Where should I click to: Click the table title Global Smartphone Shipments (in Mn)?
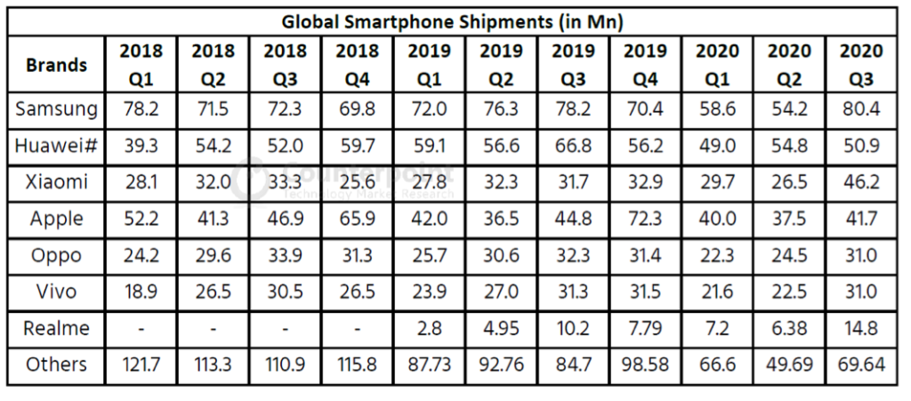[x=453, y=21]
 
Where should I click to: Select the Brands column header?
[x=56, y=65]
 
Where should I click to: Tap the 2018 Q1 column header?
[x=141, y=65]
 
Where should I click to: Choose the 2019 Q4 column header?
[x=646, y=65]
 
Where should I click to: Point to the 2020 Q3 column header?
[x=860, y=65]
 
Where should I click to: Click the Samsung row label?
[x=56, y=109]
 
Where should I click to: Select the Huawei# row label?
[x=56, y=146]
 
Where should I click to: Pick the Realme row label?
[x=56, y=328]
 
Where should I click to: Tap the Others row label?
[x=56, y=365]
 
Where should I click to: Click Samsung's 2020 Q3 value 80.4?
[x=860, y=109]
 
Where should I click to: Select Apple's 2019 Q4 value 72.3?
[x=646, y=219]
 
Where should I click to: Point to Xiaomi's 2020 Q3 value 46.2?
[x=860, y=182]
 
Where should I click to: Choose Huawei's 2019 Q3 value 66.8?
[x=574, y=146]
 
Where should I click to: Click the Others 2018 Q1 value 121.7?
[x=141, y=365]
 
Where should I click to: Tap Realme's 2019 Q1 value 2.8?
[x=429, y=328]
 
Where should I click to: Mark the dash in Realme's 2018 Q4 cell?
[x=357, y=328]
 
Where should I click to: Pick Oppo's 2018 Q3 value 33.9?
[x=285, y=255]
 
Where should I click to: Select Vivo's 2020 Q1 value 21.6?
[x=717, y=292]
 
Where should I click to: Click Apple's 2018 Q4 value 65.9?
[x=357, y=219]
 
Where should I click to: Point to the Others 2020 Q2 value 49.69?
[x=789, y=365]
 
